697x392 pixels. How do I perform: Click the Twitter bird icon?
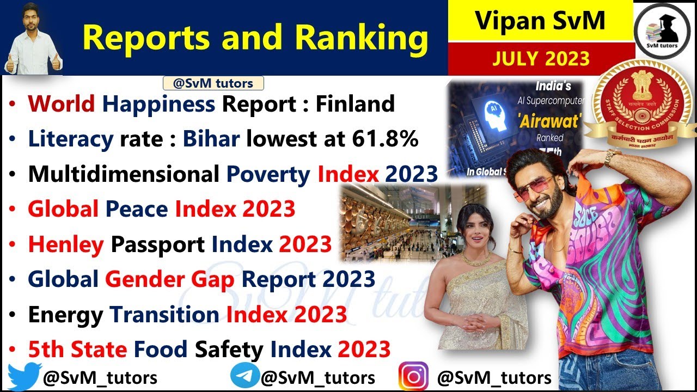25,376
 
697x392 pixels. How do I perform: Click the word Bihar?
211,139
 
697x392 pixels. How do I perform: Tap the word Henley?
65,244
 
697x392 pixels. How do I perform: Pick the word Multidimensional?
124,174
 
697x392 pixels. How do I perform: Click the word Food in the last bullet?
161,349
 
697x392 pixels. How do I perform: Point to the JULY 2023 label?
541,58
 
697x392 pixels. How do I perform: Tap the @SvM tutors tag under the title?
213,83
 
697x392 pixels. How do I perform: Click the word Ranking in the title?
360,38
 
